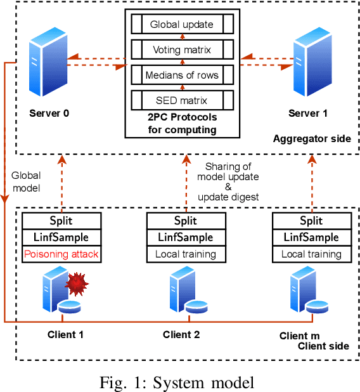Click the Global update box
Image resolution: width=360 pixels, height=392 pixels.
[181, 25]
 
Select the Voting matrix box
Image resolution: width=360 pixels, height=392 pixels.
[181, 50]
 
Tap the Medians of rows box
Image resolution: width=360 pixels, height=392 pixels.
[181, 75]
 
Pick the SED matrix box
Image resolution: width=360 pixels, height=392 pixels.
[181, 100]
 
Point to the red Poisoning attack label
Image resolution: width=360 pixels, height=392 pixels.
[61, 254]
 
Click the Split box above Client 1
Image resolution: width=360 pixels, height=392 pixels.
[61, 221]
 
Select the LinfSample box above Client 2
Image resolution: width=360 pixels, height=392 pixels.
[186, 237]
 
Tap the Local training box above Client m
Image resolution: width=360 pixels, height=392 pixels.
[311, 254]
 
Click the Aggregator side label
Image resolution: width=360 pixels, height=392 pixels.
[311, 138]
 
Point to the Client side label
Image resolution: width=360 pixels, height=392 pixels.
[323, 346]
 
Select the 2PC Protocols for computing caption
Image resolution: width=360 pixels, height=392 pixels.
[181, 124]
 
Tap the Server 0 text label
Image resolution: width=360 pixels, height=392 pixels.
[49, 114]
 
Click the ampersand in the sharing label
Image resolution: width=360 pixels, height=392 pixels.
[228, 186]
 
